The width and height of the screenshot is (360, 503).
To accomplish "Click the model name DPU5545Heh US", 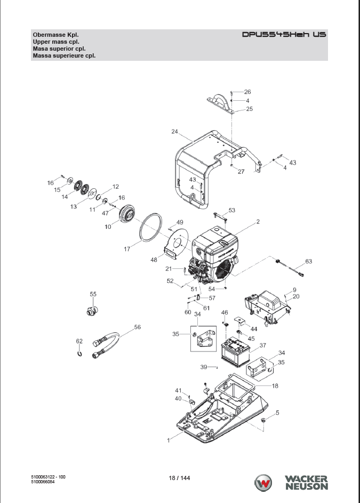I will [284, 35].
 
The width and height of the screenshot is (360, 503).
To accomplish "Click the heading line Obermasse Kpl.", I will [52, 35].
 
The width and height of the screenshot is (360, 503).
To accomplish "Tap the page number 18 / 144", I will [179, 477].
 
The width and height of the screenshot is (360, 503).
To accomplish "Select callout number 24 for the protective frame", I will [174, 131].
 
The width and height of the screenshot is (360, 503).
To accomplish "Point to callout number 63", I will [308, 261].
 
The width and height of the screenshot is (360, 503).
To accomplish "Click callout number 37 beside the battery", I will [263, 345].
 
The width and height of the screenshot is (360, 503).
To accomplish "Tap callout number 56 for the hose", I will [137, 328].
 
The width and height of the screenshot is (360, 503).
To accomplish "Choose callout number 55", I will [93, 294].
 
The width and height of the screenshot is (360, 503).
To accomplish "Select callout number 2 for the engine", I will [258, 221].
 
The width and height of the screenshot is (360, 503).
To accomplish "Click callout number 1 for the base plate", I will [169, 441].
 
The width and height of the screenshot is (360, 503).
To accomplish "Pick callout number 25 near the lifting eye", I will [249, 109].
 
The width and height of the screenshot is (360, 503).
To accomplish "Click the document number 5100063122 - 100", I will [49, 476].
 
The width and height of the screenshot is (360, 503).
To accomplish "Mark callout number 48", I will [154, 260].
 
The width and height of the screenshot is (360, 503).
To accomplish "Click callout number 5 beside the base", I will [277, 412].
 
